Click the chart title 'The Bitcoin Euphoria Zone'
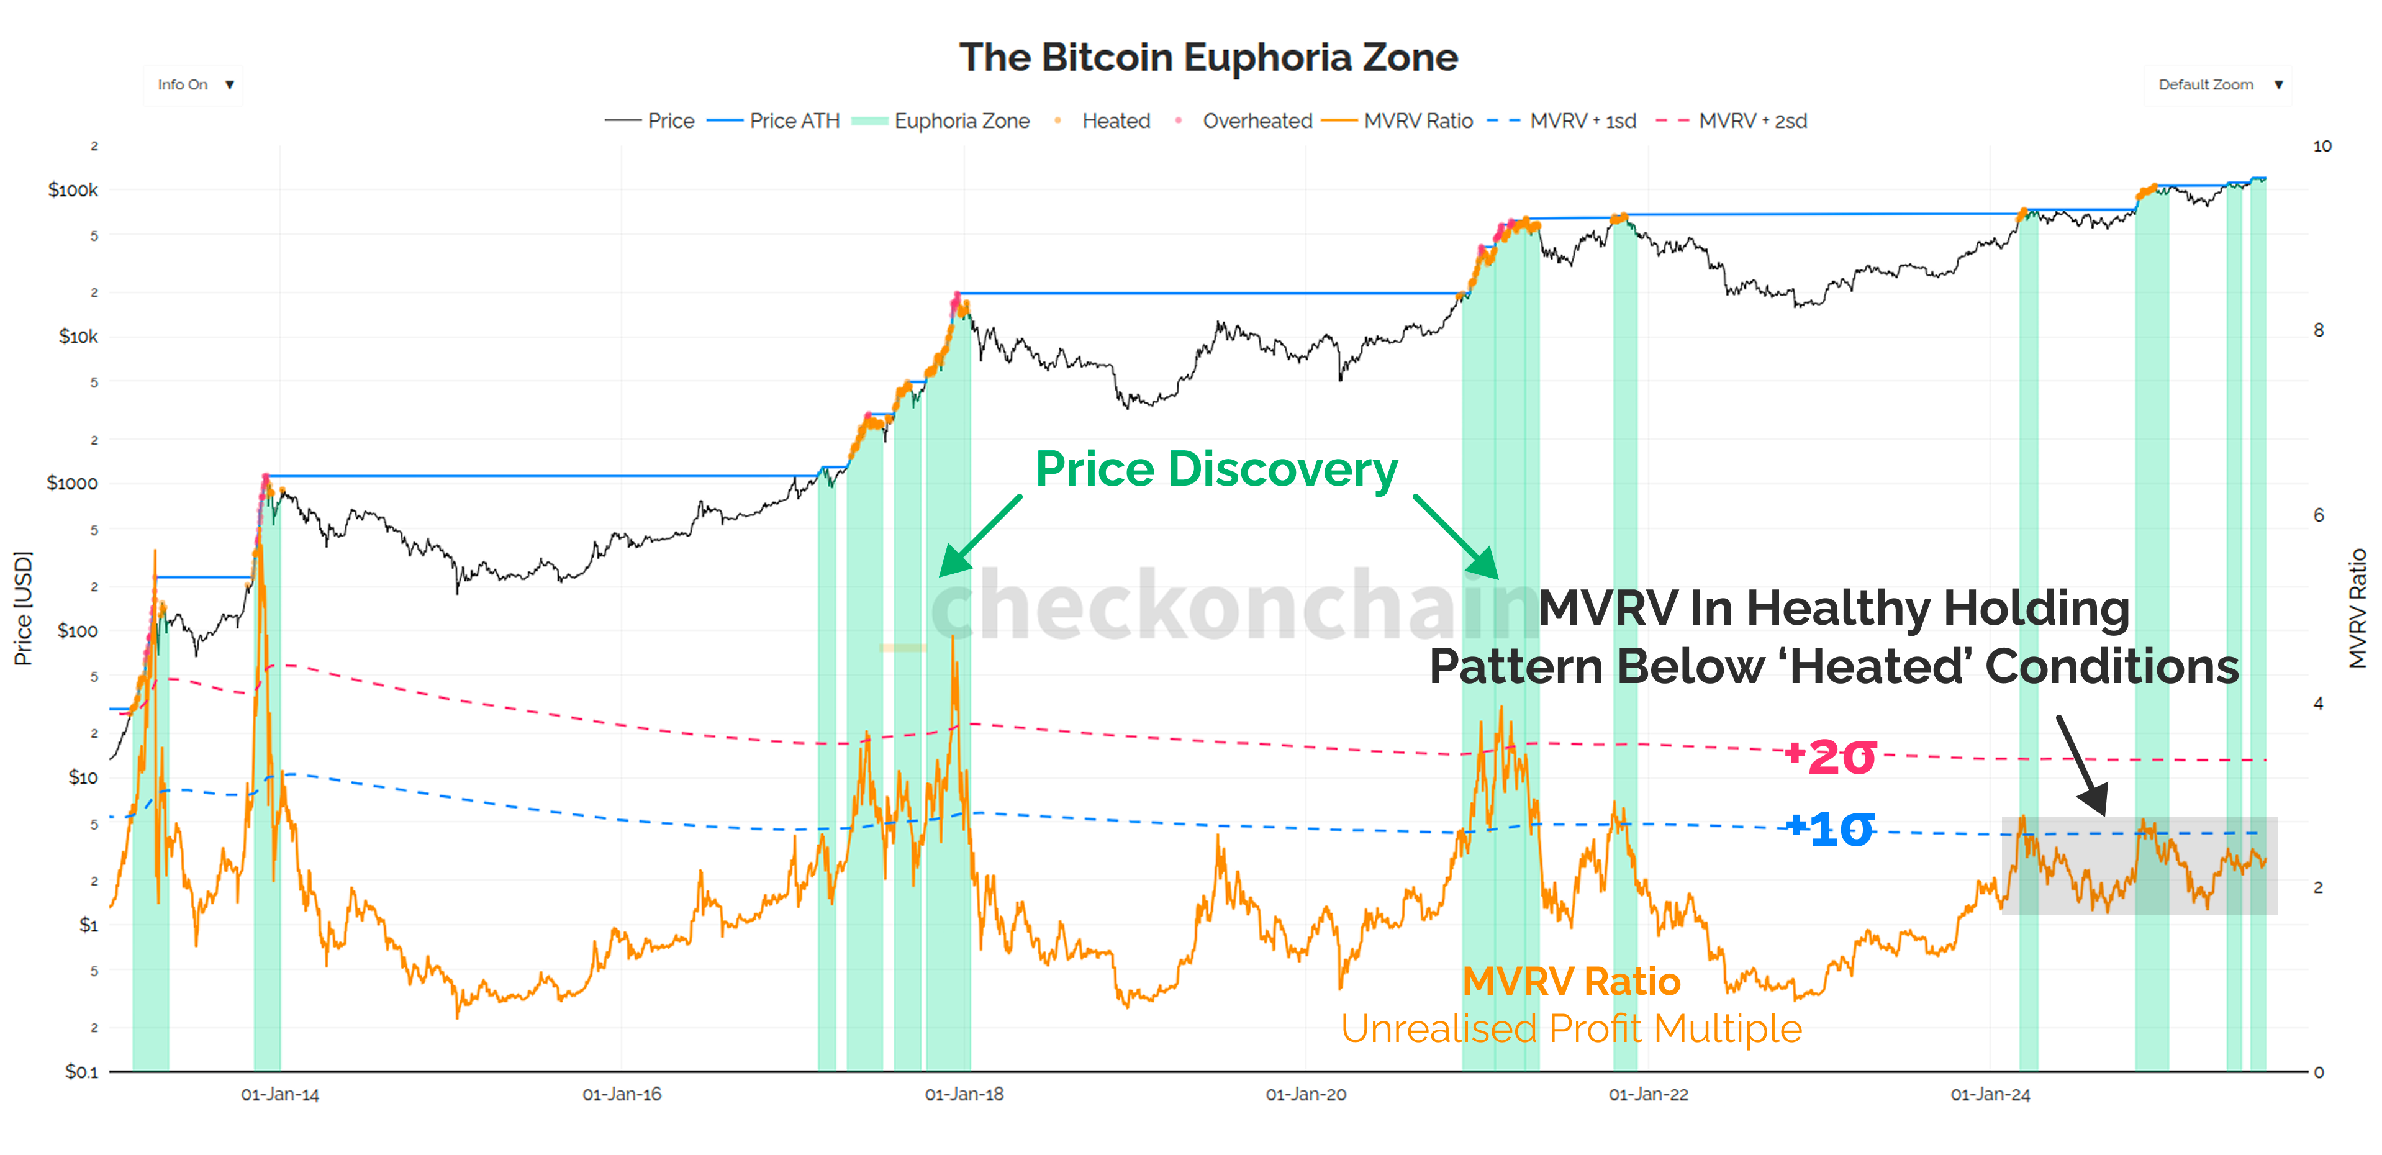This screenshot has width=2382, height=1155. [1208, 57]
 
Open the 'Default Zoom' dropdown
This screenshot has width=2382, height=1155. [2217, 85]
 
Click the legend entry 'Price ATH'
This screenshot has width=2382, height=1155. [794, 121]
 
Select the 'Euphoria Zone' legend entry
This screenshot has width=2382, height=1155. [961, 121]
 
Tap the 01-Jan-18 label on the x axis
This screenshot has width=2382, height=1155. [964, 1095]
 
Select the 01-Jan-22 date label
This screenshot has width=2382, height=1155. [1648, 1095]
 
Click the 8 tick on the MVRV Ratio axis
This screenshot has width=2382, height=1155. [2318, 330]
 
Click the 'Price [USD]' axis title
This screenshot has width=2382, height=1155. [23, 609]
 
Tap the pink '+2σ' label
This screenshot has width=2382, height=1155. [1830, 756]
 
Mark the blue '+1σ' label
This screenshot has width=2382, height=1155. [1830, 828]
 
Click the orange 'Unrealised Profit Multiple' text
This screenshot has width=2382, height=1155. [1571, 1028]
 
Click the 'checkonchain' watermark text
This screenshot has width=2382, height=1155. [1230, 605]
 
